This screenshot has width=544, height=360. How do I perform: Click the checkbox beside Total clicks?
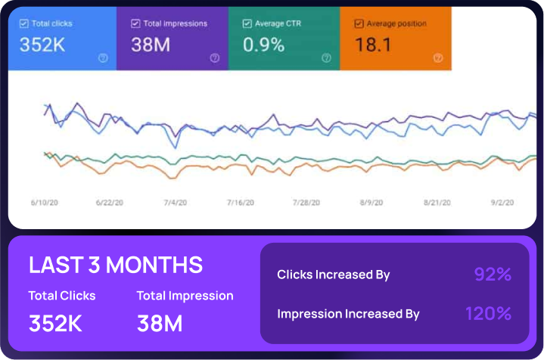23,24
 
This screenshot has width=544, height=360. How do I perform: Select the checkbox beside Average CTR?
247,24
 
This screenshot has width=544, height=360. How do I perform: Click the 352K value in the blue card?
42,45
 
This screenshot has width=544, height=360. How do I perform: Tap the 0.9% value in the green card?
263,45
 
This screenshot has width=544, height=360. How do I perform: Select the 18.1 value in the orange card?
373,45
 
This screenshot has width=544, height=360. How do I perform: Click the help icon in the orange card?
437,57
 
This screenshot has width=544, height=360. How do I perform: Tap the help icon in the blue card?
103,57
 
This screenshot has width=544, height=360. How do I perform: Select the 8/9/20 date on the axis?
371,203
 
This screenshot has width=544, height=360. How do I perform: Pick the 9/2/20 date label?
502,203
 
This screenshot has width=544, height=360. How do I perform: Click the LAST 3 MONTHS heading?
116,265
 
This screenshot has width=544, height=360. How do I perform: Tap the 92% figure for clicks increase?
493,275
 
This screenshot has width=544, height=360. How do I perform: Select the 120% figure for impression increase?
488,313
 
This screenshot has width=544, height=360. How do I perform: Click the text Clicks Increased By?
334,275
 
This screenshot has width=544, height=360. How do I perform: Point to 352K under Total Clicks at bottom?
55,323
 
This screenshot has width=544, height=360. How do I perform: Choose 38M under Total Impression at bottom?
160,323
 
